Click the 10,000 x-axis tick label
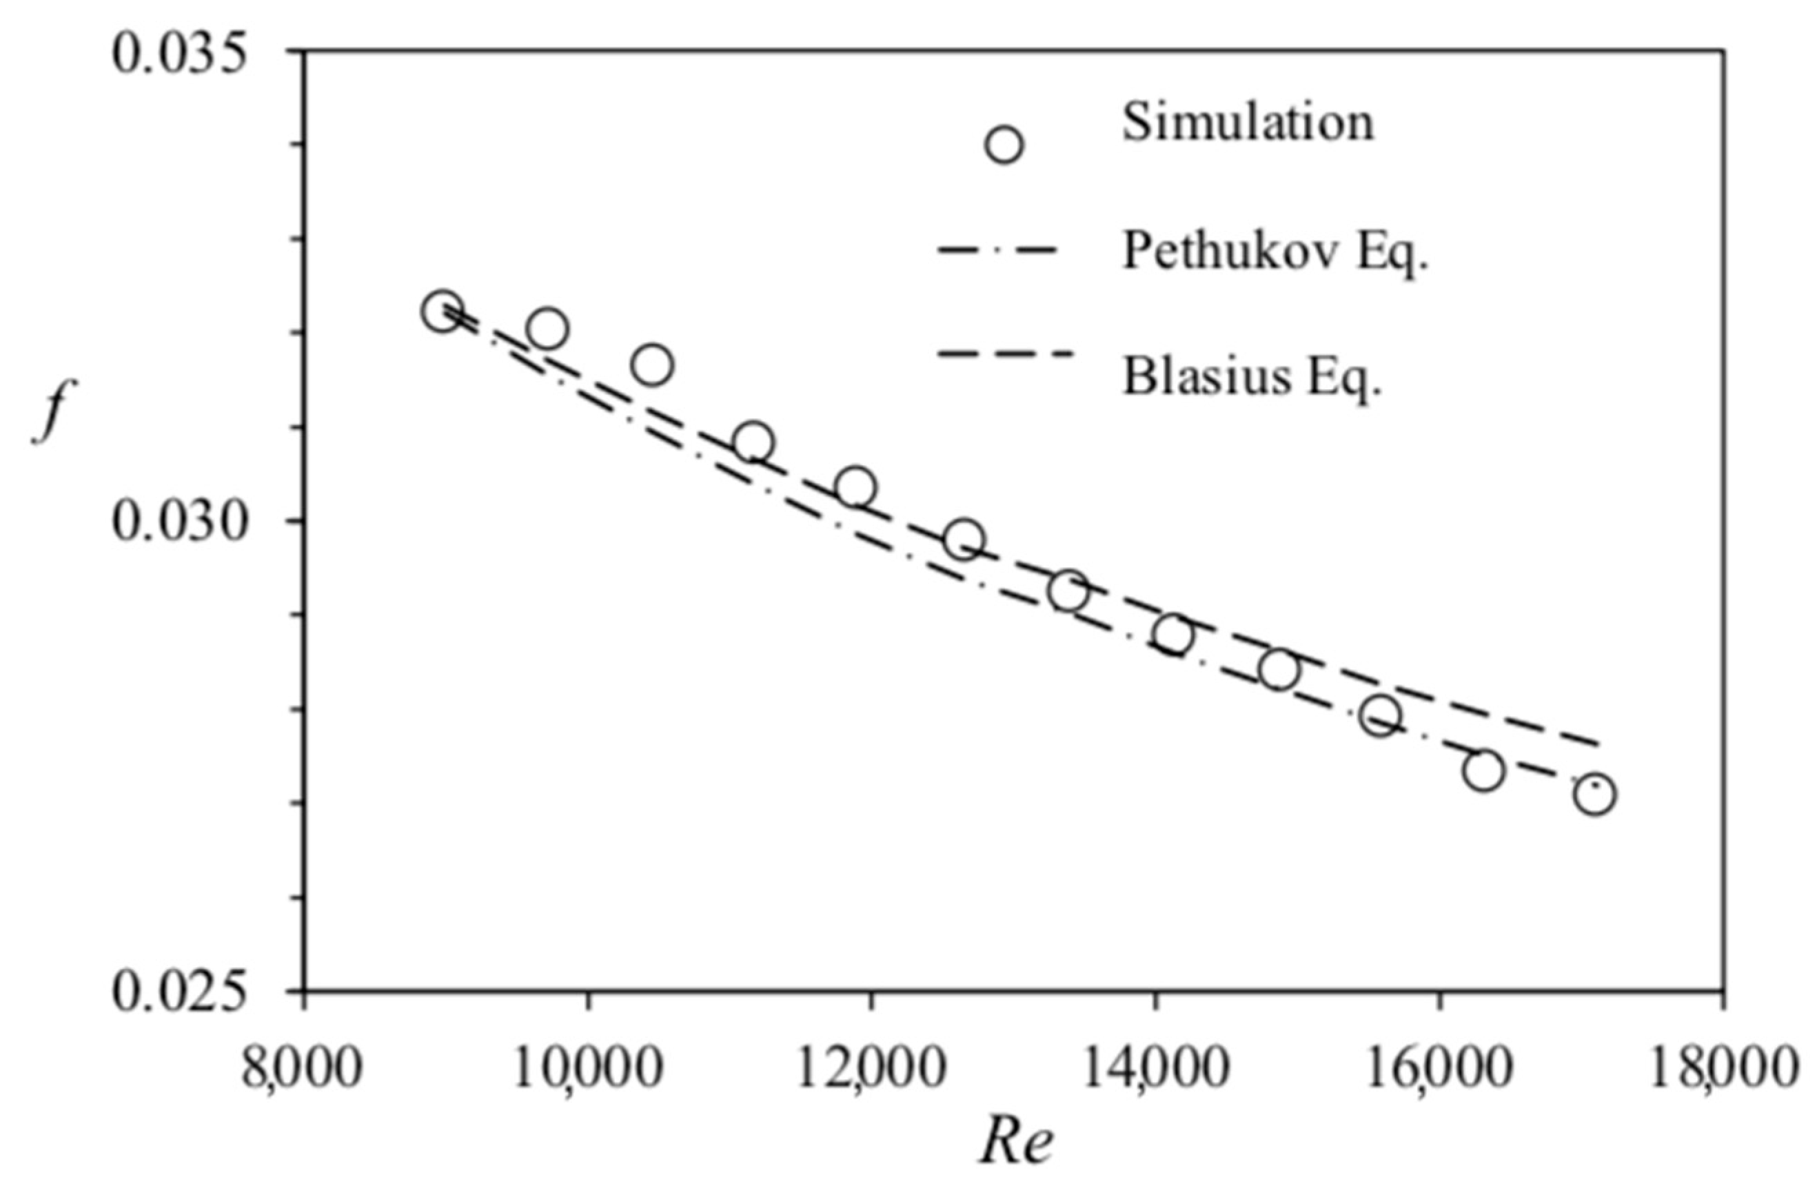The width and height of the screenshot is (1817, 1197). (x=587, y=1070)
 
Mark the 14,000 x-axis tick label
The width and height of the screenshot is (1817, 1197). (x=1155, y=1070)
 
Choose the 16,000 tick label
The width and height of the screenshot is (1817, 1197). (x=1439, y=1070)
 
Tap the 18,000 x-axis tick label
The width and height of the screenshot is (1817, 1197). (x=1723, y=1070)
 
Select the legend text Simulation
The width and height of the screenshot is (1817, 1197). (x=1248, y=122)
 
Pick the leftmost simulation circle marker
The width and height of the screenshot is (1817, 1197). (x=443, y=311)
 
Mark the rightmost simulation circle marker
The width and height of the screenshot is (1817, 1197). (x=1595, y=795)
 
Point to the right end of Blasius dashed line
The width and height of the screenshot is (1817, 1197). (x=1597, y=744)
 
